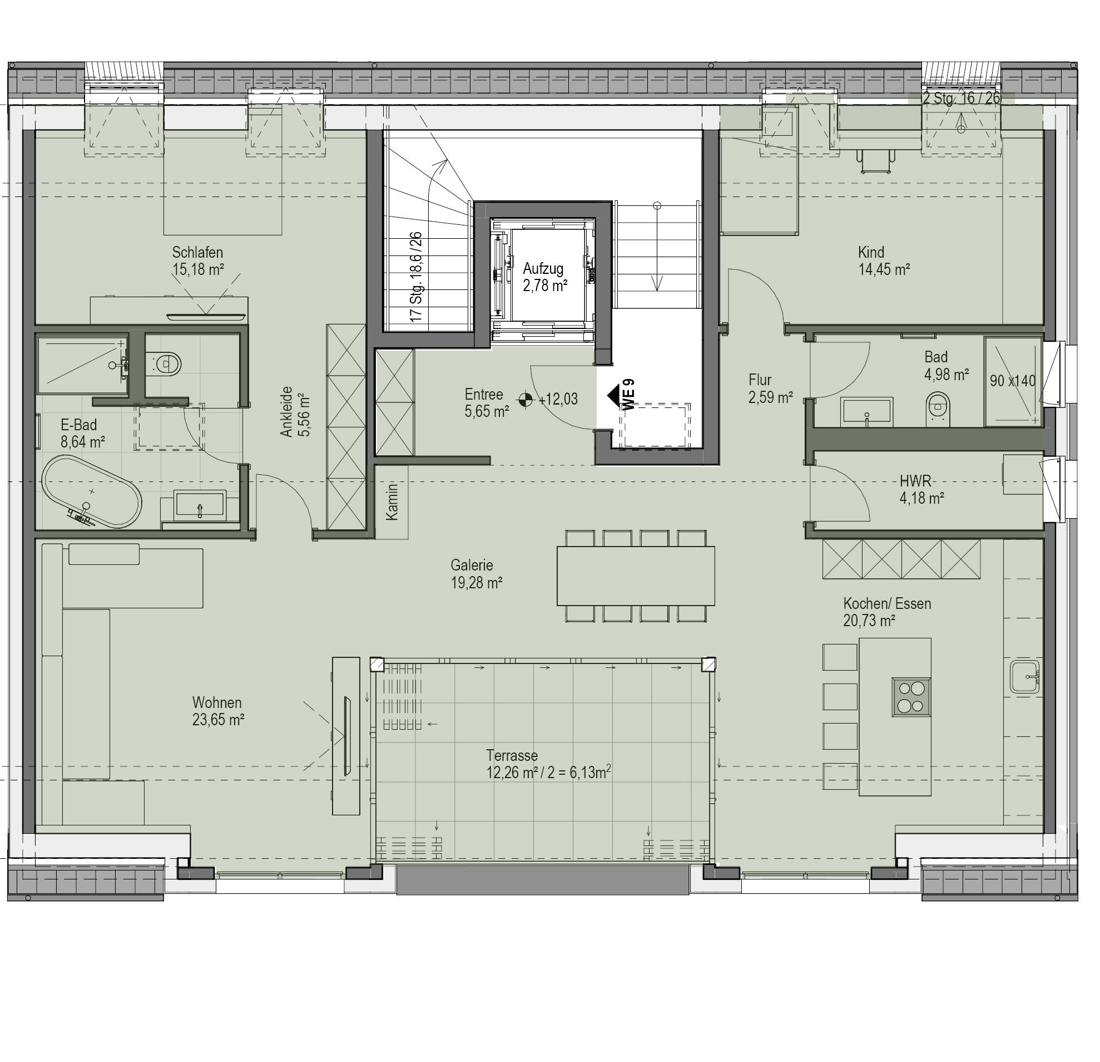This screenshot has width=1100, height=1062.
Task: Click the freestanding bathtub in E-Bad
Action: pos(92,491)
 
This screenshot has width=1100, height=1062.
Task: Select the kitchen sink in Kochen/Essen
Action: pos(1027,677)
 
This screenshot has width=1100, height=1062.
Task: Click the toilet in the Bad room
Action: pos(938,409)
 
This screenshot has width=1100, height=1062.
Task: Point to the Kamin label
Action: pos(392,501)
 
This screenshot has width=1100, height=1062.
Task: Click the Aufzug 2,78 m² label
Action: pos(544,277)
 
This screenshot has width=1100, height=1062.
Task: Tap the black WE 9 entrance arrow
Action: pos(613,395)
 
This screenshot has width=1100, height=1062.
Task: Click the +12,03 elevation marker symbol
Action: pos(526,399)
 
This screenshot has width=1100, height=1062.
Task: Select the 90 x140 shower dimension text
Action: pos(1013,381)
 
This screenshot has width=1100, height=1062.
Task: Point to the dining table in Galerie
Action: pos(636,576)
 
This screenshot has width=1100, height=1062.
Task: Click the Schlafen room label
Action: pos(197,260)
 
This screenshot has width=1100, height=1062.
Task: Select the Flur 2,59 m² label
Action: pos(770,389)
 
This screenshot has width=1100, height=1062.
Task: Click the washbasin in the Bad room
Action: pos(866,412)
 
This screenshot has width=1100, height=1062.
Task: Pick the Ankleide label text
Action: pos(295,411)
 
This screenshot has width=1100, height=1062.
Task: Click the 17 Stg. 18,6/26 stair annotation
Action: pos(416,277)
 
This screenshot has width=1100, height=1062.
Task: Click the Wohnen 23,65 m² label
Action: pos(218,710)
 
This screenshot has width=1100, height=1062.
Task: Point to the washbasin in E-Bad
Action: pos(200,504)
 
